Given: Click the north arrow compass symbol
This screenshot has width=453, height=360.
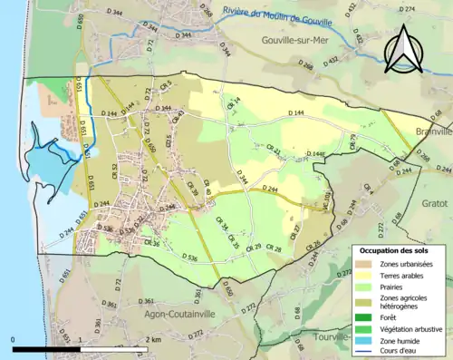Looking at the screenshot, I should coord(404,48).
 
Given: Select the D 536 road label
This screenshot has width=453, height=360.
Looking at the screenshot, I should coord(190,258).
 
